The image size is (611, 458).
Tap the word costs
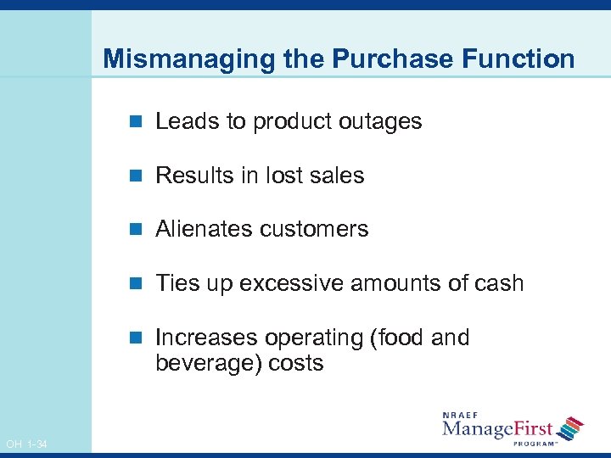[296, 364]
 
